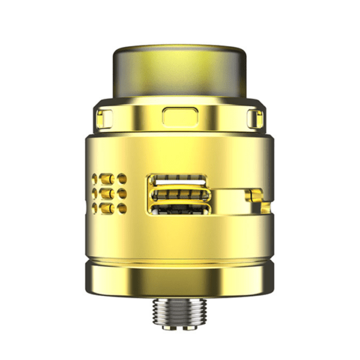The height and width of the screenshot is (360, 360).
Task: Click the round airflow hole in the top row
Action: (x=122, y=179)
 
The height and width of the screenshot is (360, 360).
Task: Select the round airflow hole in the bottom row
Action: (x=122, y=208)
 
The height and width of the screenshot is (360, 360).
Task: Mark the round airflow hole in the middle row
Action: (x=122, y=193)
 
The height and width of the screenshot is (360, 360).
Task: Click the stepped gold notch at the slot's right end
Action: (x=255, y=195)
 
